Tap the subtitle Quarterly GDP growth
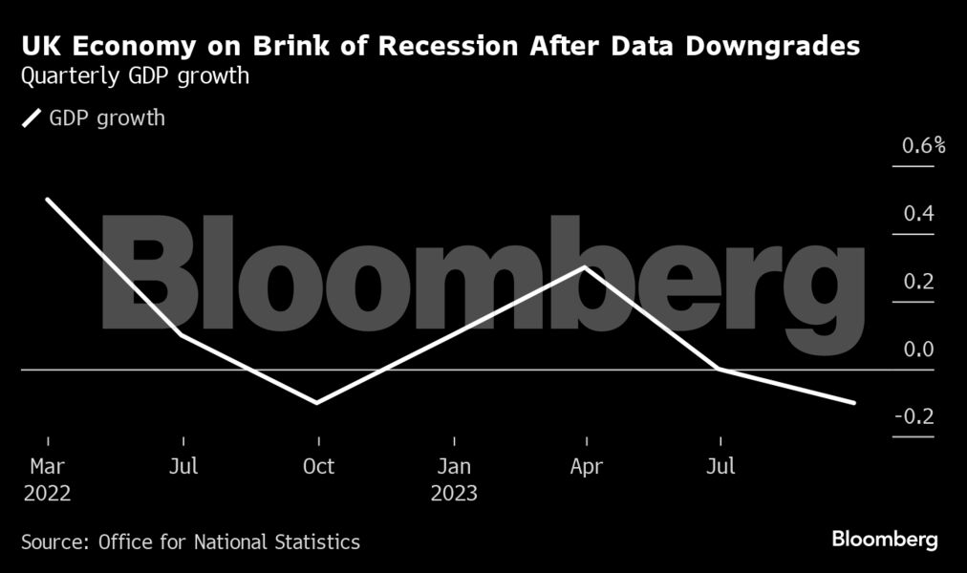136,76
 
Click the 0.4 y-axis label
919,214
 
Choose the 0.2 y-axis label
919,282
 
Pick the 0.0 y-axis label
919,350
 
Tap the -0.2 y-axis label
915,417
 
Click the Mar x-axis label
47,466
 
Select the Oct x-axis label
319,466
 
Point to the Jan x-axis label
454,466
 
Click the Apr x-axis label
586,466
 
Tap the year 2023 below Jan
454,495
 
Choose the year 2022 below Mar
47,495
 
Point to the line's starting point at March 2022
47,199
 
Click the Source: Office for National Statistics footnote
190,542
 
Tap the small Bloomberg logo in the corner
885,541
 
